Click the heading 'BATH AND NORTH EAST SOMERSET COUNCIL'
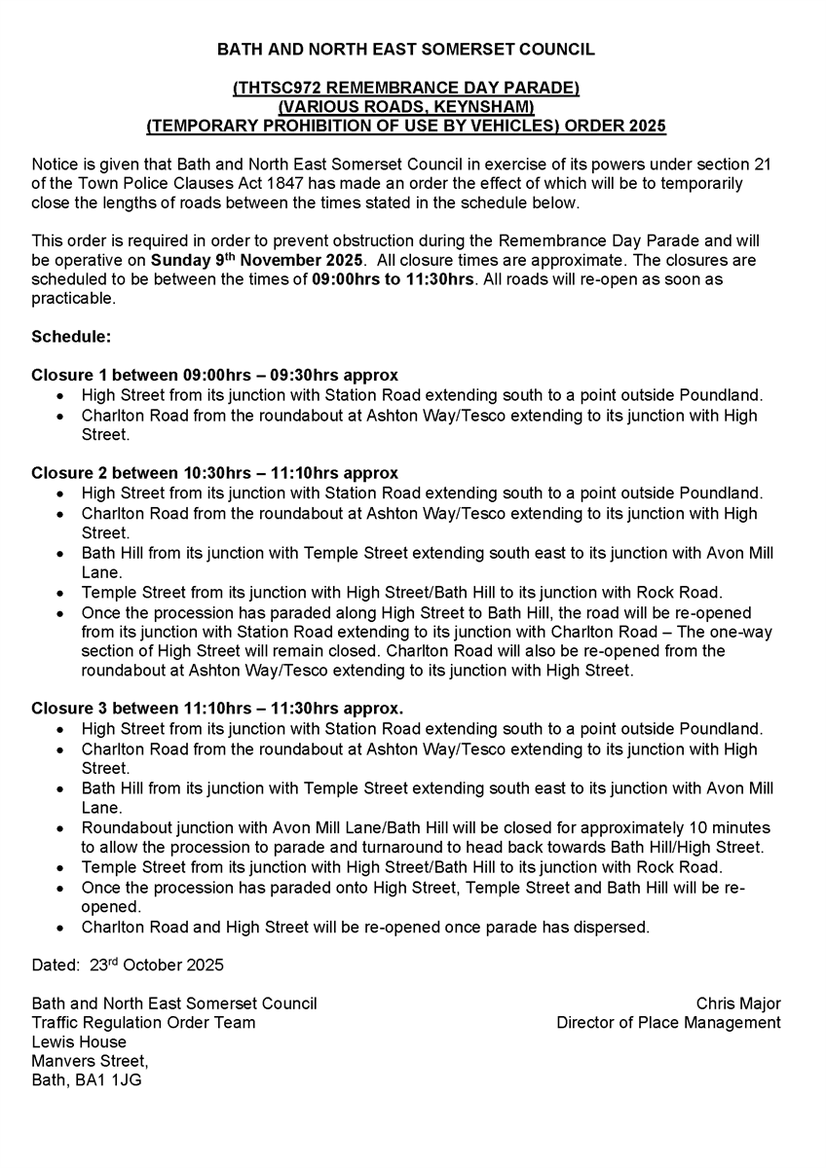(405, 49)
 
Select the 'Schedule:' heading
(71, 337)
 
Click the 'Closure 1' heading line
(214, 376)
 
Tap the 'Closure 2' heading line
(214, 473)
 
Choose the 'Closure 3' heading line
(216, 709)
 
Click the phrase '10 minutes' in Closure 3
(730, 827)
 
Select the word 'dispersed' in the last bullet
(614, 927)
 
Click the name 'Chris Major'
(737, 1004)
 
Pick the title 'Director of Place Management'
(668, 1023)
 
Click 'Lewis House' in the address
(79, 1042)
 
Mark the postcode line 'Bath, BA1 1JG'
(87, 1080)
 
